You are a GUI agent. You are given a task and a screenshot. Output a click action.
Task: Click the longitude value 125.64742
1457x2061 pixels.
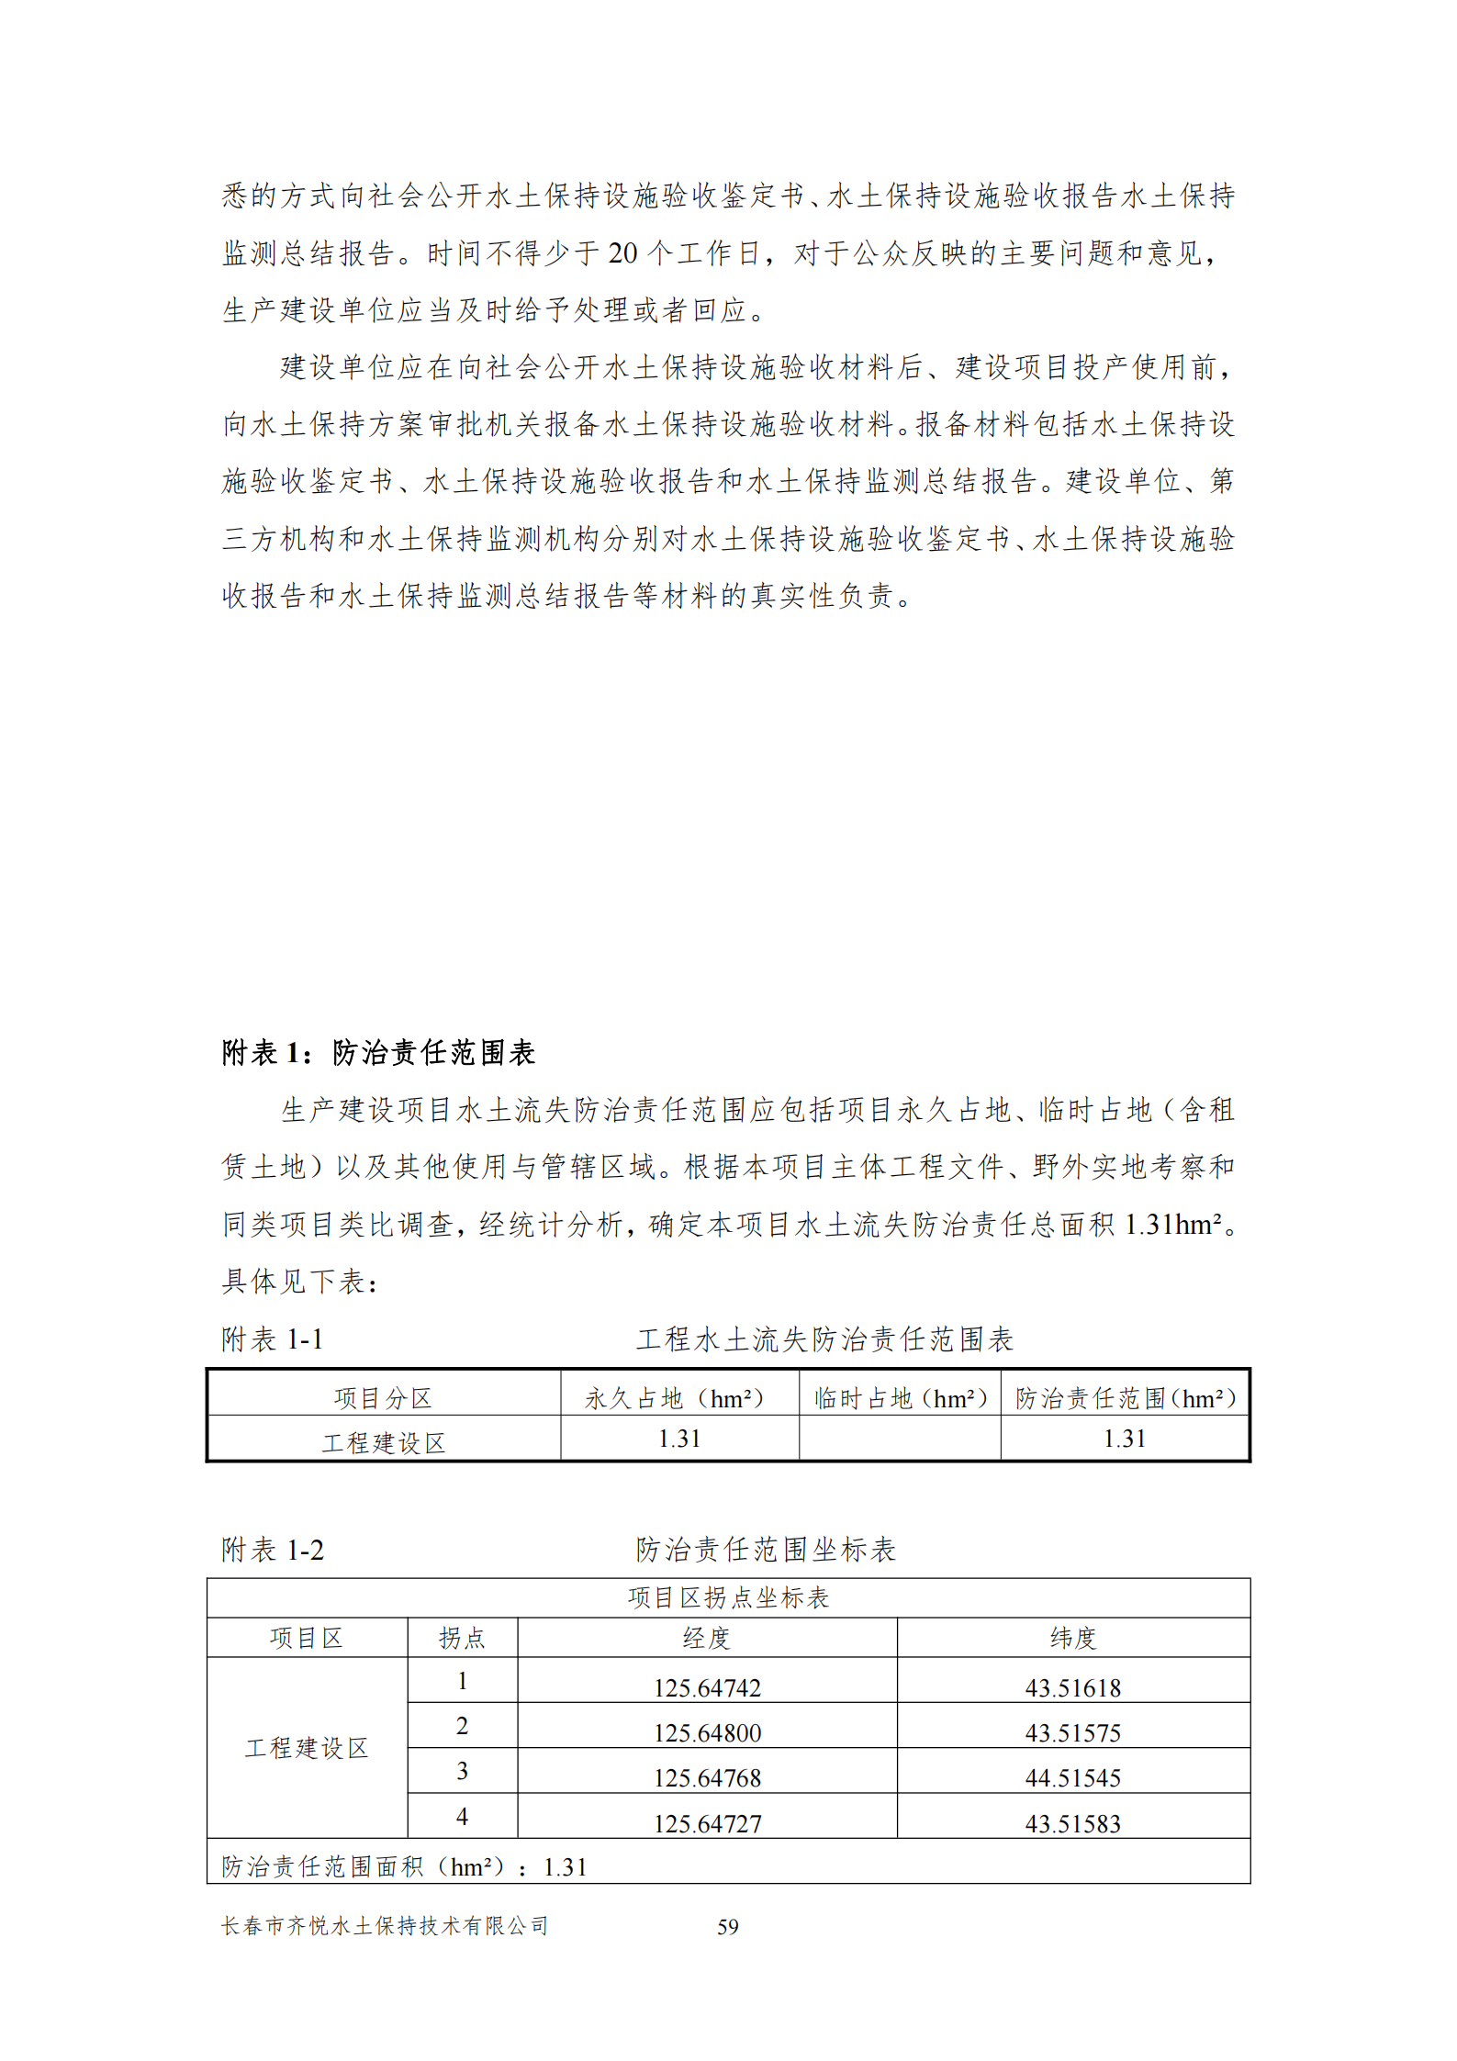[x=707, y=1687]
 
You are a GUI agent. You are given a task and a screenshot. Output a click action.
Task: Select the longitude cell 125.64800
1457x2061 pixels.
[x=707, y=1732]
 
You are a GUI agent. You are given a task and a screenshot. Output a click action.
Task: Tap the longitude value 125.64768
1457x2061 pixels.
[x=707, y=1777]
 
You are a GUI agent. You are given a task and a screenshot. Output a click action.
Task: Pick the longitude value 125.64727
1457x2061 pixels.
[x=707, y=1823]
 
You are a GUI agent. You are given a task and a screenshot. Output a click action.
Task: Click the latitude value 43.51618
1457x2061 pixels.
[x=1072, y=1687]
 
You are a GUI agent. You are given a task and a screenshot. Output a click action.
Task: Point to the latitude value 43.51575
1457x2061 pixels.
[x=1072, y=1732]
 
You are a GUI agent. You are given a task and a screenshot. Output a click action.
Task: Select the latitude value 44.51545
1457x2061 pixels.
[x=1072, y=1777]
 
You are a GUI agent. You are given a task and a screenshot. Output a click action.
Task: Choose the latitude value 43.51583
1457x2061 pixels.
[x=1072, y=1823]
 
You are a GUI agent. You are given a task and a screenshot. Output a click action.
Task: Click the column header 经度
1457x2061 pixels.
[x=706, y=1638]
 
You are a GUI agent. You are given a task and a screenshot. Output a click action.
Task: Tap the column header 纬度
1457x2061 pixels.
[x=1072, y=1638]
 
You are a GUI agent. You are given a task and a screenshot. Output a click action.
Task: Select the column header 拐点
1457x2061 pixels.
[x=462, y=1638]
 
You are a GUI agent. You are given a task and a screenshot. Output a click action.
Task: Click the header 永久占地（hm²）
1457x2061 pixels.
[x=678, y=1398]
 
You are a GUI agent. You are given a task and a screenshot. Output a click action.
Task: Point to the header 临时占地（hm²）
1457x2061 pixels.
[x=900, y=1398]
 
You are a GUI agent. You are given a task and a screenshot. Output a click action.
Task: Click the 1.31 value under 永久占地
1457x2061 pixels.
[x=678, y=1439]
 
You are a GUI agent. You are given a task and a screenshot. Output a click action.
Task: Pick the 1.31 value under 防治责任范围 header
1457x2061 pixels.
[x=1124, y=1439]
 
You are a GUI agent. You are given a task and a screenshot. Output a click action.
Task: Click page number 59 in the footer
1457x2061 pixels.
[x=727, y=1926]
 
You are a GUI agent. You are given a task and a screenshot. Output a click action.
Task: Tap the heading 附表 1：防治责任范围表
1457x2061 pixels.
[x=378, y=1052]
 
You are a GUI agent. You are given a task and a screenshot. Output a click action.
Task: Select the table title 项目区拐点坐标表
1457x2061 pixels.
[x=728, y=1597]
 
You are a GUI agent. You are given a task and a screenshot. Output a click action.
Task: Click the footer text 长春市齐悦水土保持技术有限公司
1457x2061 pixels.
[x=385, y=1926]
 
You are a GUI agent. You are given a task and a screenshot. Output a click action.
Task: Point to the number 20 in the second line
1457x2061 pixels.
[x=622, y=253]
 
